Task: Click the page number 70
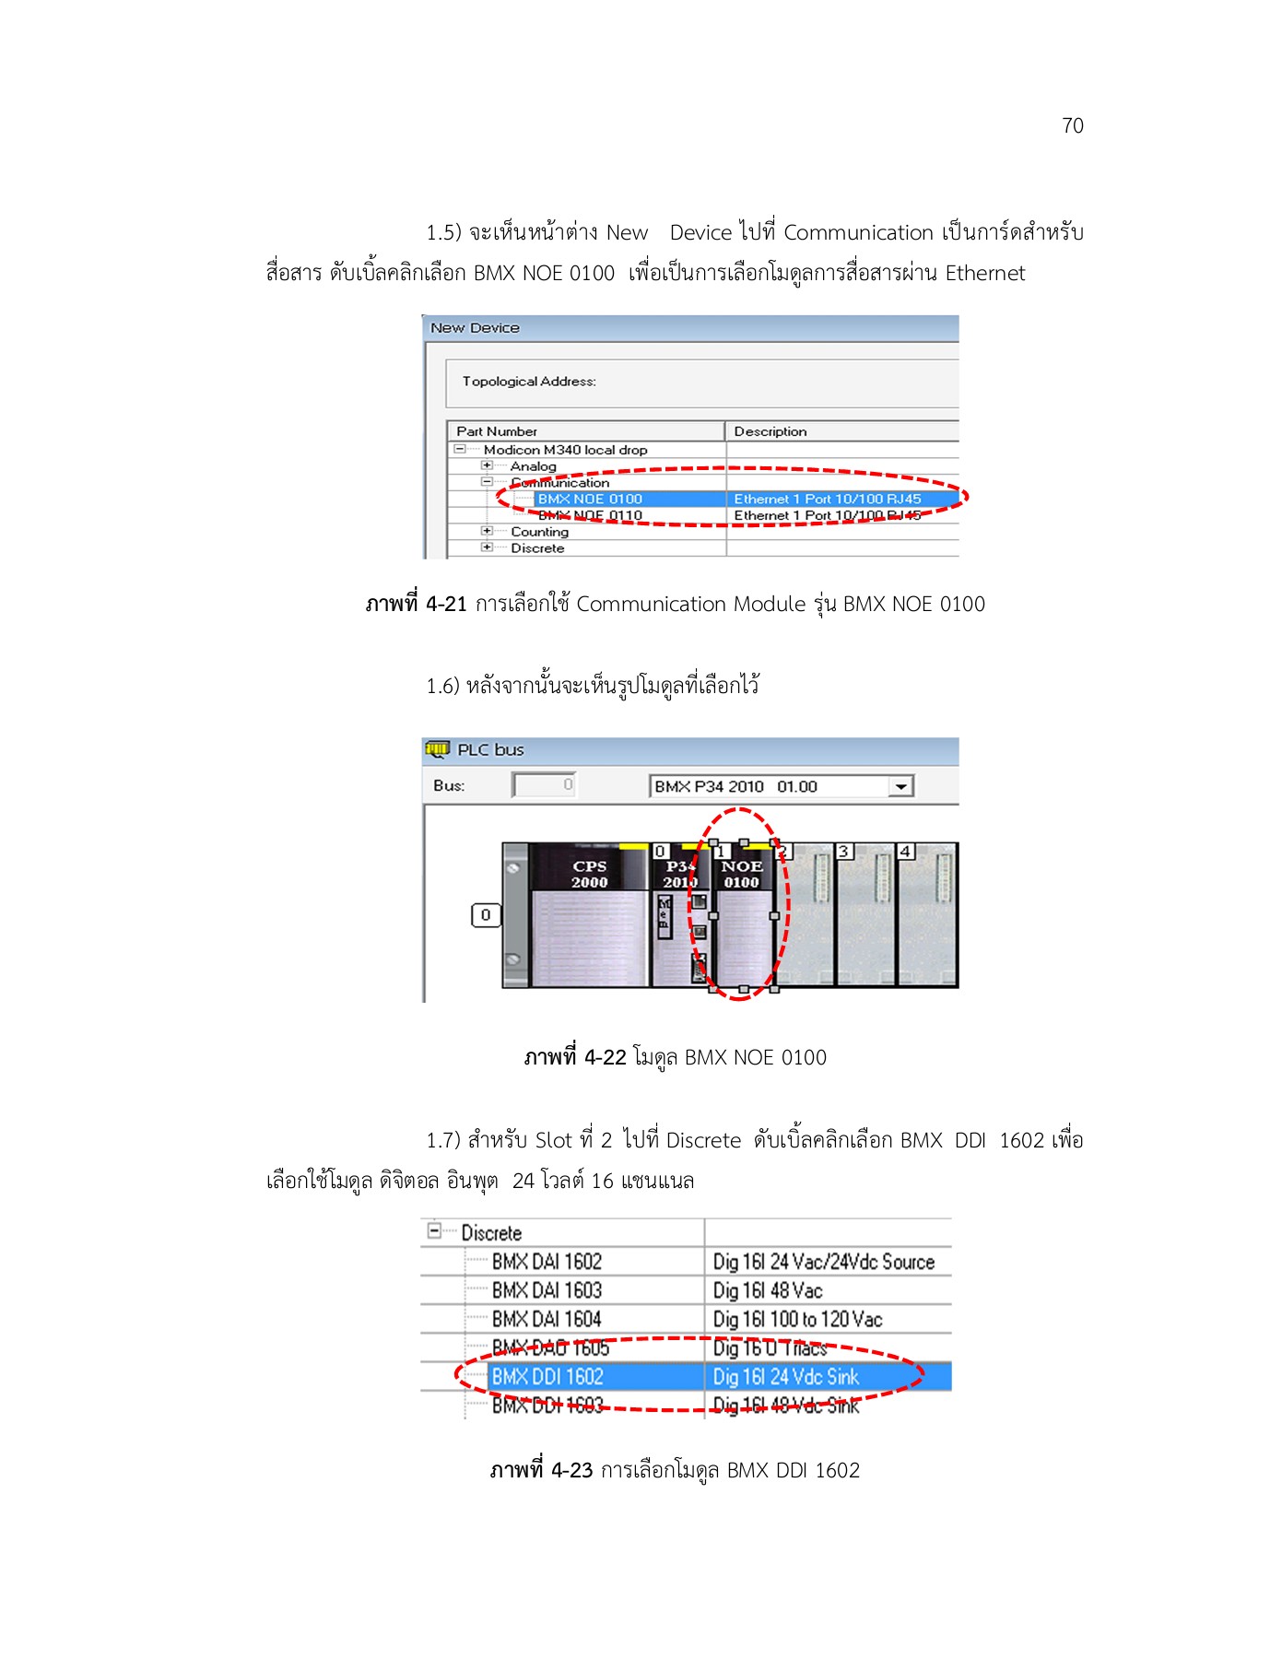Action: pyautogui.click(x=1072, y=125)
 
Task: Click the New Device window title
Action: pyautogui.click(x=475, y=328)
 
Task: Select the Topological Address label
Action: pyautogui.click(x=529, y=382)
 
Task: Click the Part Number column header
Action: pyautogui.click(x=497, y=431)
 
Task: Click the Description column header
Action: pyautogui.click(x=770, y=431)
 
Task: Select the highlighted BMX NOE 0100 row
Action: pyautogui.click(x=590, y=499)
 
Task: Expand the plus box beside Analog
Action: pyautogui.click(x=487, y=465)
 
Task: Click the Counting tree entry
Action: pyautogui.click(x=539, y=532)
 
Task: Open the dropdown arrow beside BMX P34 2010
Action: pyautogui.click(x=900, y=786)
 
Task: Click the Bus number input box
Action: pyautogui.click(x=545, y=784)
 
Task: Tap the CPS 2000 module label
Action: pyautogui.click(x=589, y=874)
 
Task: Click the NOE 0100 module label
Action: pyautogui.click(x=741, y=874)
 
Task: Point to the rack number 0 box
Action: pyautogui.click(x=486, y=915)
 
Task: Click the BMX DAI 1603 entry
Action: pyautogui.click(x=547, y=1290)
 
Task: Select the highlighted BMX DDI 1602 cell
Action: pyautogui.click(x=547, y=1376)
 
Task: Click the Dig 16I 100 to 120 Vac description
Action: pyautogui.click(x=797, y=1319)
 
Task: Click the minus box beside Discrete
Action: pyautogui.click(x=434, y=1231)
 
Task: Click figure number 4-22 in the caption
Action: pyautogui.click(x=605, y=1057)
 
